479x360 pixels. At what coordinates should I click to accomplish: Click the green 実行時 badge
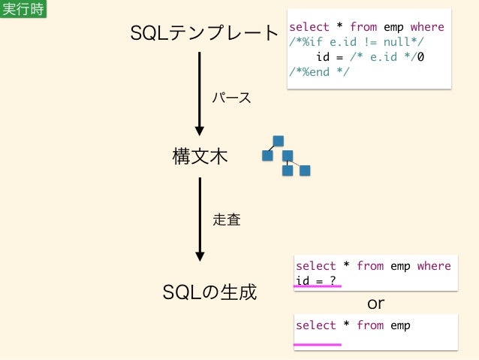23,9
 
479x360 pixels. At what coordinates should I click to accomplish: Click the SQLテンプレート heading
204,34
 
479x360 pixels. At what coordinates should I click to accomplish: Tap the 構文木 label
200,157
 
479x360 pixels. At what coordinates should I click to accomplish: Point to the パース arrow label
230,98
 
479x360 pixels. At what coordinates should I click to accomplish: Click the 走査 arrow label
227,219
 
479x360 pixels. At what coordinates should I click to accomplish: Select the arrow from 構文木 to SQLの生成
200,218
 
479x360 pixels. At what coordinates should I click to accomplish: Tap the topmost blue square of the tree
279,141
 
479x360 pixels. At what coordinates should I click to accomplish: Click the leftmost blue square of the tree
267,156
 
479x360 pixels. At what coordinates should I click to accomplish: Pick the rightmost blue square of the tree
305,171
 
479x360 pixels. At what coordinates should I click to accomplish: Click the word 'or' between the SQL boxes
375,304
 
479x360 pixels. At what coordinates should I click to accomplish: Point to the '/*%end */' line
319,71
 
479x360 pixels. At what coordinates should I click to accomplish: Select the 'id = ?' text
315,280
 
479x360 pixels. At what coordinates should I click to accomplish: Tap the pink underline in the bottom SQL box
317,344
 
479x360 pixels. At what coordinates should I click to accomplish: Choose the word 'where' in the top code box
427,27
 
